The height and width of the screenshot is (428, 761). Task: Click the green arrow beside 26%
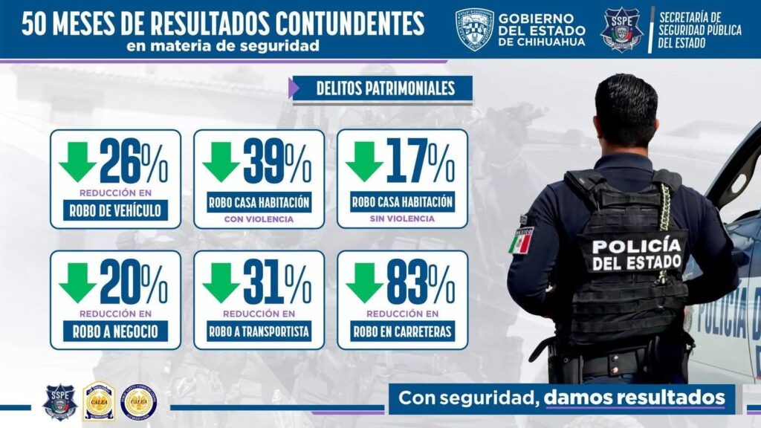(77, 160)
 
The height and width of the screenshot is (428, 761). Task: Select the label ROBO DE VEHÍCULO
(115, 210)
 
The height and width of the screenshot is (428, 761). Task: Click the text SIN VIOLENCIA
(402, 220)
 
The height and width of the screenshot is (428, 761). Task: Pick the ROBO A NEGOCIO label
(115, 331)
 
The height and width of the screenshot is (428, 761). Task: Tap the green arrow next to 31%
(221, 282)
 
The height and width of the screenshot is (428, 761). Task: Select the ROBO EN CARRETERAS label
(402, 331)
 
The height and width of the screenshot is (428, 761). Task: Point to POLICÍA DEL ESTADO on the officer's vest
(636, 253)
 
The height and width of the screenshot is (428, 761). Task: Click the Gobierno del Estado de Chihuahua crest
(473, 29)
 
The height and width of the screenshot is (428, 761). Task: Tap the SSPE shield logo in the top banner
(621, 29)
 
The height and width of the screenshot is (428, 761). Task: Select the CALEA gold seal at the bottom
(99, 401)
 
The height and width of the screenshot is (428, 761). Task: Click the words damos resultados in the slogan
(634, 397)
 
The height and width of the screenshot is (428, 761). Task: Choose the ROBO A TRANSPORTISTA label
(259, 331)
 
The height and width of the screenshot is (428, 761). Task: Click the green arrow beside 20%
(77, 282)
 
